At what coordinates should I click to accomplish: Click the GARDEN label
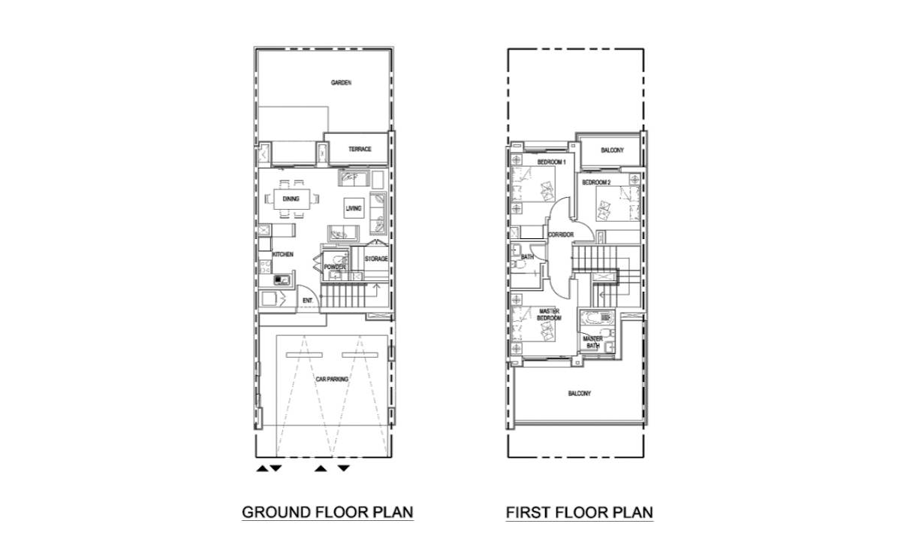click(341, 83)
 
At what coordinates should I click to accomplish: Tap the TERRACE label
click(360, 149)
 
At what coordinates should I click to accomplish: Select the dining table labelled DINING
click(291, 199)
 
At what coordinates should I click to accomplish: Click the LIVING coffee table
click(354, 208)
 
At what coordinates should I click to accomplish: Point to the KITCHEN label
click(283, 255)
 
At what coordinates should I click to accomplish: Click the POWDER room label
click(335, 267)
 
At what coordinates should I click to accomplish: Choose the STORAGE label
click(376, 259)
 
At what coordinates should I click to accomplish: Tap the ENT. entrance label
click(308, 301)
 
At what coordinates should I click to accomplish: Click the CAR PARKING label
click(332, 379)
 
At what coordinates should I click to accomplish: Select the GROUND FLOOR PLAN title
click(327, 513)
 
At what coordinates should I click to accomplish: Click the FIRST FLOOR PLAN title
click(579, 513)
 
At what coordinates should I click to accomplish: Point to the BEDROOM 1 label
click(551, 162)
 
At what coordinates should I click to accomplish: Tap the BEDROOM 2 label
click(596, 183)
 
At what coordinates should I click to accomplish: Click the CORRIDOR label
click(561, 235)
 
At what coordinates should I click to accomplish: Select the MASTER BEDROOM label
click(549, 314)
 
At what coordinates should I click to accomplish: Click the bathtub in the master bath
click(597, 317)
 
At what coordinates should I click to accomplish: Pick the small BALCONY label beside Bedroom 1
click(612, 150)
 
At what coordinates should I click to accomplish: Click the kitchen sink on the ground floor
click(282, 280)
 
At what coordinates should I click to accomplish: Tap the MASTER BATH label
click(593, 342)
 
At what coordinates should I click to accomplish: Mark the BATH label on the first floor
click(527, 256)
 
